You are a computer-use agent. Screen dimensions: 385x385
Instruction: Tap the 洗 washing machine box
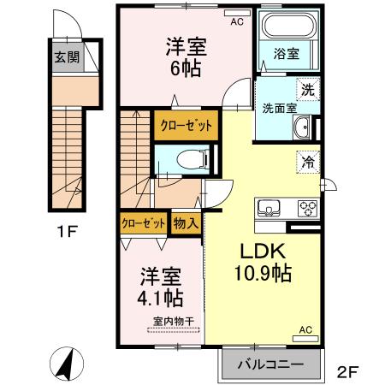coord(305,86)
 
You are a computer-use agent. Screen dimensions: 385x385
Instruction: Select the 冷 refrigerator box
coord(305,159)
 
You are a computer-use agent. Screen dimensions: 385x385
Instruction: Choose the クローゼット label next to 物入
coord(143,223)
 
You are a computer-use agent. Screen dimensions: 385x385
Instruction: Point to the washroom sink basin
coord(304,131)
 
